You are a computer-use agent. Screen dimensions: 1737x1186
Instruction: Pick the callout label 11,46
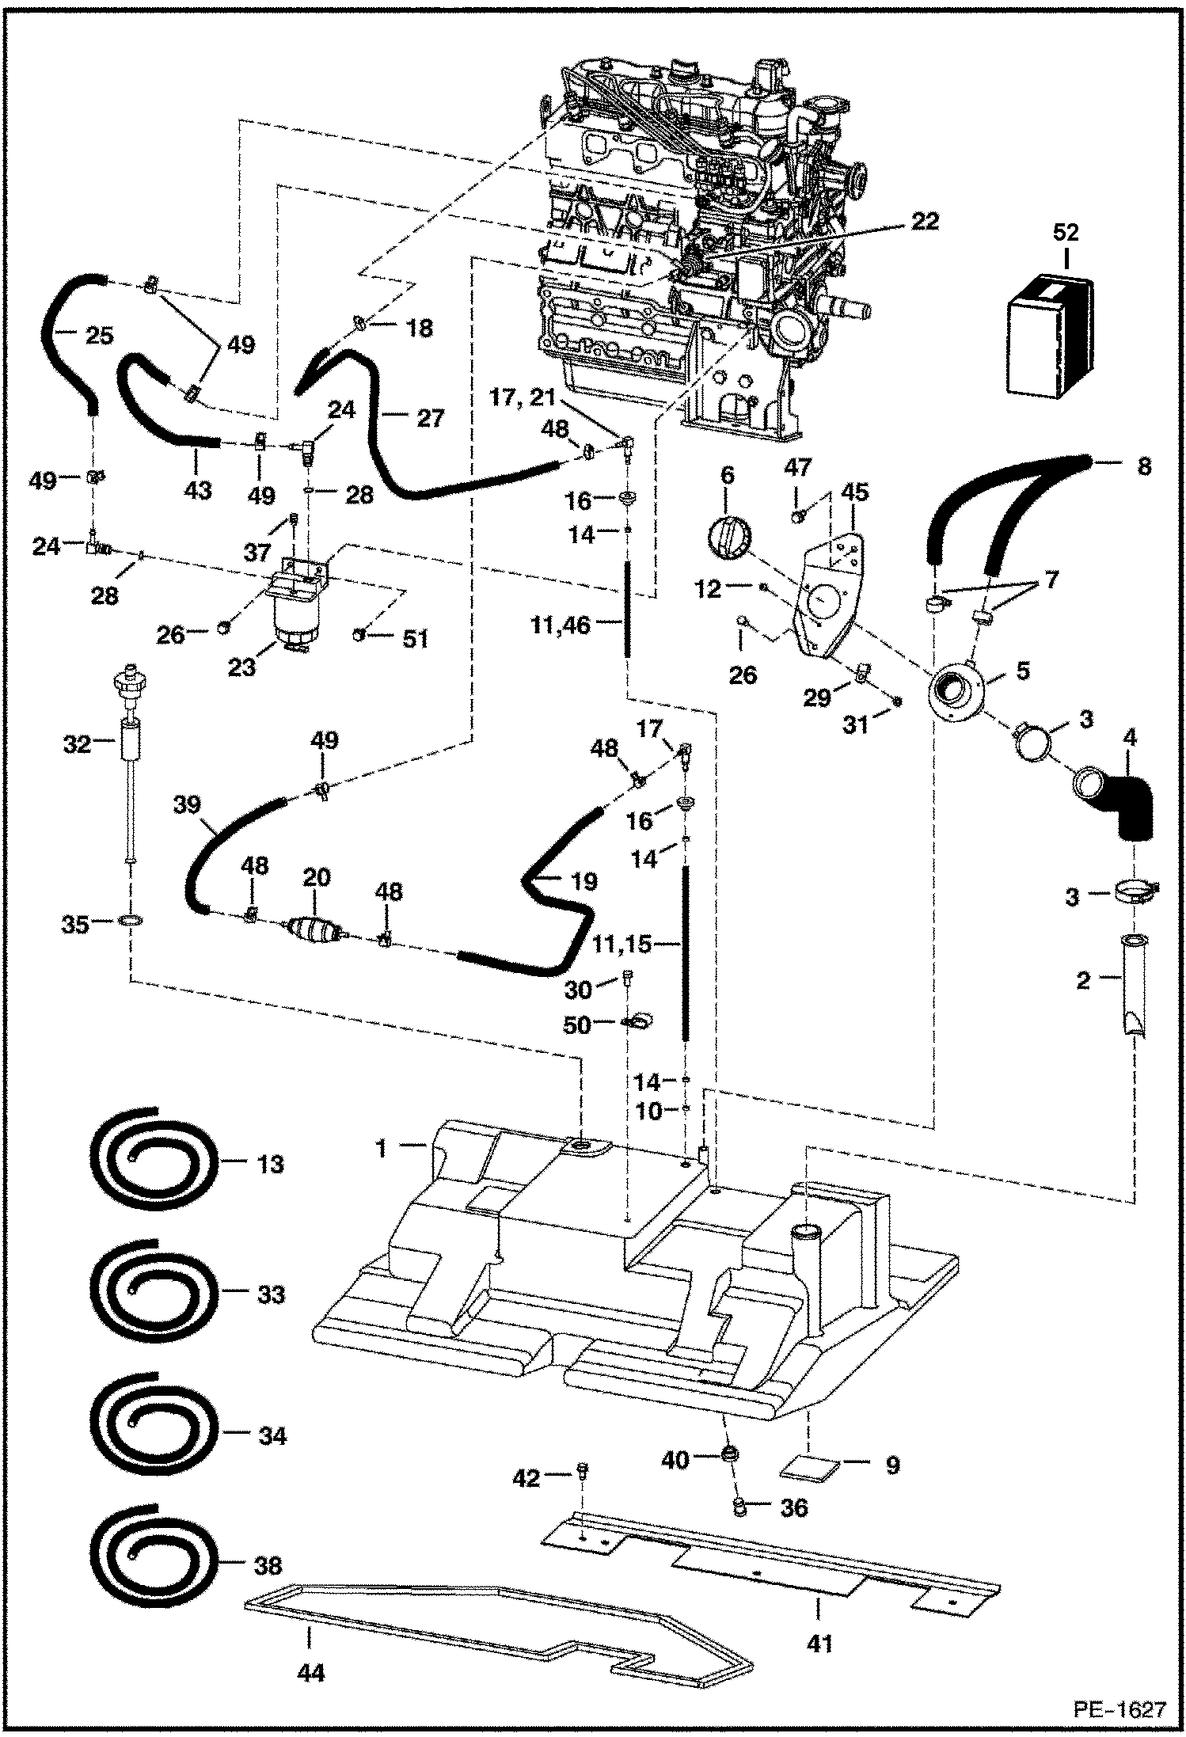click(560, 625)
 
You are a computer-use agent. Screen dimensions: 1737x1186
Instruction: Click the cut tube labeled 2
click(1133, 984)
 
